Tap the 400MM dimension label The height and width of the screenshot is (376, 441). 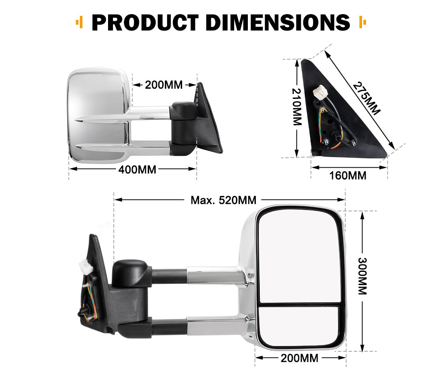tap(137, 169)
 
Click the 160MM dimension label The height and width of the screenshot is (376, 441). tap(348, 176)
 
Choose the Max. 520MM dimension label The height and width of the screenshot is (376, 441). tap(223, 200)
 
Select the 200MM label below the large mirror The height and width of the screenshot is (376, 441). tap(299, 358)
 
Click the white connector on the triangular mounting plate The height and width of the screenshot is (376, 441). tap(319, 94)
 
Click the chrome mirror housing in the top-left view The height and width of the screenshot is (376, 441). tap(95, 102)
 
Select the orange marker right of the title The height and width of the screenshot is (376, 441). tap(363, 22)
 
